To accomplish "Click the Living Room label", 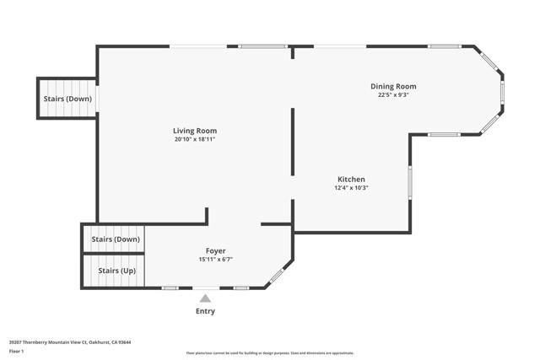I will tap(201, 131).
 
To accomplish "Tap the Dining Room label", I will tap(393, 86).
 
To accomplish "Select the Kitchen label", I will tap(351, 180).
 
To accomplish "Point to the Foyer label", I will tap(215, 251).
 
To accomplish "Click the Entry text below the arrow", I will tap(205, 311).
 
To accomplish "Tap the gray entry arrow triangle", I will tap(205, 297).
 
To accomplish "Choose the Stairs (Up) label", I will tap(116, 271).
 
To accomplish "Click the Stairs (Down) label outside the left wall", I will tap(67, 99).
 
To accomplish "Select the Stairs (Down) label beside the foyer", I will tap(115, 239).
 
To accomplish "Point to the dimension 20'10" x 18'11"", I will tap(201, 139).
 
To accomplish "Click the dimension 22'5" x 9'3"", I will tap(393, 94).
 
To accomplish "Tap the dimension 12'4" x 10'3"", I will tap(351, 188).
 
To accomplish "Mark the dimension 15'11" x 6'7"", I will tap(215, 260).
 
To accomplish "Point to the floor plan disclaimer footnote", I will tap(270, 353).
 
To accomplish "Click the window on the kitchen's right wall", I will tap(410, 181).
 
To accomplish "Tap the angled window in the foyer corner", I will tap(276, 276).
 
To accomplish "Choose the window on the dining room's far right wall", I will tap(502, 91).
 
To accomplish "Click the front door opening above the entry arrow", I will tap(205, 288).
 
